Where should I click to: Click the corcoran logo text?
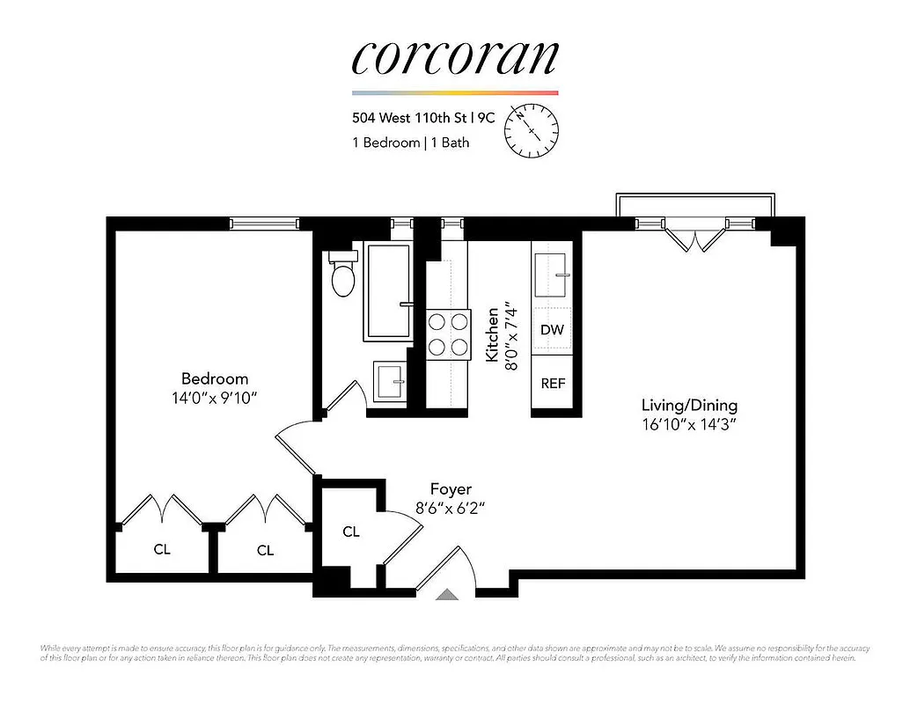[455, 57]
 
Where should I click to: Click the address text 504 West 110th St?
[417, 116]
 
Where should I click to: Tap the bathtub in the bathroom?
[388, 291]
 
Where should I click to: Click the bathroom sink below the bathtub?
[390, 381]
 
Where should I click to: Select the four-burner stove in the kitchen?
[447, 334]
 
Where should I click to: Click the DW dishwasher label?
[552, 330]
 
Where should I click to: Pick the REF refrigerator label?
[553, 384]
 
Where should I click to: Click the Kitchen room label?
[493, 334]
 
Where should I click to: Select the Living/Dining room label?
[689, 406]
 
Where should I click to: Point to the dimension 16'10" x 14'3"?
[689, 425]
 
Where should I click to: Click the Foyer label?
[451, 488]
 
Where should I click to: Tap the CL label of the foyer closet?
[351, 532]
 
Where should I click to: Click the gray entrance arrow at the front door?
[447, 595]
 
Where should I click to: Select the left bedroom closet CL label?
[162, 550]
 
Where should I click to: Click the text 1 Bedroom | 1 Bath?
[410, 143]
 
